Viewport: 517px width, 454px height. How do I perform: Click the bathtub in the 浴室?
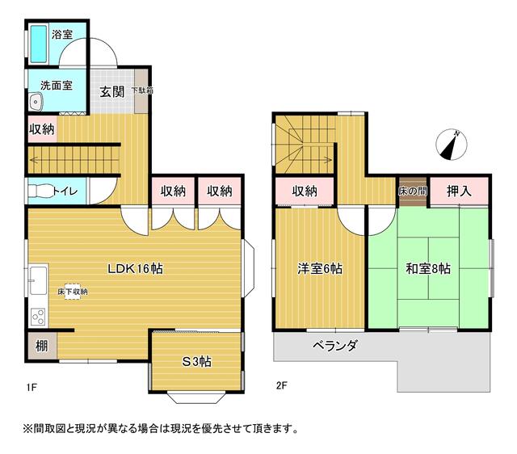coord(39,44)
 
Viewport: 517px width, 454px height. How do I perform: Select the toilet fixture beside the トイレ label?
coord(40,191)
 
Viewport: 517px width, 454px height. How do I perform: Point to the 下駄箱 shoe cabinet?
coord(141,90)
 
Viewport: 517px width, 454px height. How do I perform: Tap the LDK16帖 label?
coord(135,269)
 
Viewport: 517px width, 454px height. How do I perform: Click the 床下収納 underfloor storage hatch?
coord(73,292)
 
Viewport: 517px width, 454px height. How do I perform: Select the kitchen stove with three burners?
coord(38,317)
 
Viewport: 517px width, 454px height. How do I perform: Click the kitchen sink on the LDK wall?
coord(38,280)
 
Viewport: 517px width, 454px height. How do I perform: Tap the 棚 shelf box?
coord(42,346)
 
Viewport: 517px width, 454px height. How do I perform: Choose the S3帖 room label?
coord(196,362)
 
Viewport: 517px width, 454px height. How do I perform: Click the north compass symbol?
coord(451,145)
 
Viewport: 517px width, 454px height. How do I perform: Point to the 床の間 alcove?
coord(413,191)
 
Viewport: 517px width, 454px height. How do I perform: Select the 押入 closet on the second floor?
coord(459,191)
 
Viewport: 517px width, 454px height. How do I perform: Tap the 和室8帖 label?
coord(428,269)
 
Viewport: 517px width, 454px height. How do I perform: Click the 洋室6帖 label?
coord(320,269)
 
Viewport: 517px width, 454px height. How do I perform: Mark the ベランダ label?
coord(334,346)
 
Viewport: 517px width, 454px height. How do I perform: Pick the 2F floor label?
coord(282,385)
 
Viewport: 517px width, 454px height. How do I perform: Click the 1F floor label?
coord(32,387)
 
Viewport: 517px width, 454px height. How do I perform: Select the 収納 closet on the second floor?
coord(305,191)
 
